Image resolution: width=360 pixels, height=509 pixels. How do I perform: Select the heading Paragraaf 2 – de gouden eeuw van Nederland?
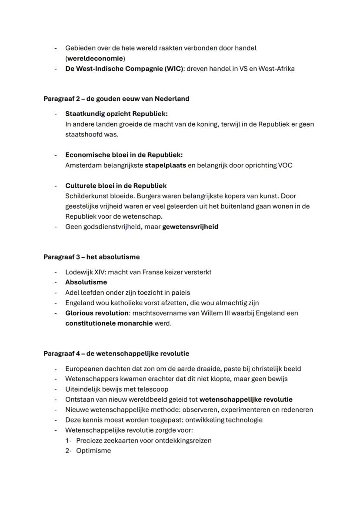[x=116, y=99]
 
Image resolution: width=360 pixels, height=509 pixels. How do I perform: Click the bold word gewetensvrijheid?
[x=190, y=226]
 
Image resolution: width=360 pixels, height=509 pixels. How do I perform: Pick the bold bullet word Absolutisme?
[x=86, y=282]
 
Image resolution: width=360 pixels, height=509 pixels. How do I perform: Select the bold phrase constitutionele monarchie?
[x=109, y=323]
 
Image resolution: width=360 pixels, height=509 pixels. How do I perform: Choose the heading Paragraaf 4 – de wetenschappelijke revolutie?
[x=116, y=354]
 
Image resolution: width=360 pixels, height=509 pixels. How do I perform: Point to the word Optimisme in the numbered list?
[x=93, y=451]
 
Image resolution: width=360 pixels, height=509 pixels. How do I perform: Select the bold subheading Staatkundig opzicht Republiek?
[x=116, y=114]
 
